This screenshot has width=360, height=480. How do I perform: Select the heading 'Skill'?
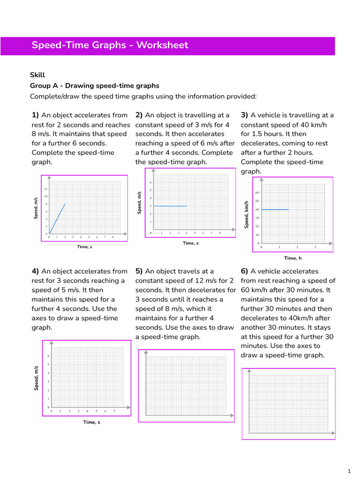click(x=37, y=75)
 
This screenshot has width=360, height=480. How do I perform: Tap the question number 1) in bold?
click(x=35, y=115)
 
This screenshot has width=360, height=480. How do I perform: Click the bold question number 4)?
click(x=35, y=271)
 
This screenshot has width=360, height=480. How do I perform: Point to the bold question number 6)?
click(x=244, y=271)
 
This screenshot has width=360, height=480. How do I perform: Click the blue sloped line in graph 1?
click(x=57, y=218)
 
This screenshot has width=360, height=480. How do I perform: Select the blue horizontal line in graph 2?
click(x=170, y=206)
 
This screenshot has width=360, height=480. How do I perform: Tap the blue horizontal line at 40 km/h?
click(x=275, y=210)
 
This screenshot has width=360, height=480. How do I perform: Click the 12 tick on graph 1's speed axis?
click(x=46, y=188)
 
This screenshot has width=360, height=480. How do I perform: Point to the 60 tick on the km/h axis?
click(x=257, y=193)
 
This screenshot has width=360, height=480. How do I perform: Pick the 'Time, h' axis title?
click(x=292, y=258)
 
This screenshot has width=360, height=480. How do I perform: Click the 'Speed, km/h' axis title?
click(x=246, y=215)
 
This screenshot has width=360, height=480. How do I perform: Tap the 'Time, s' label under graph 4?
click(x=91, y=422)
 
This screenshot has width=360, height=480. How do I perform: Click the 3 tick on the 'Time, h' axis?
click(x=315, y=247)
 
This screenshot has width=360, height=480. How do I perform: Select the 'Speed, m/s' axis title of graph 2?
click(x=139, y=202)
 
